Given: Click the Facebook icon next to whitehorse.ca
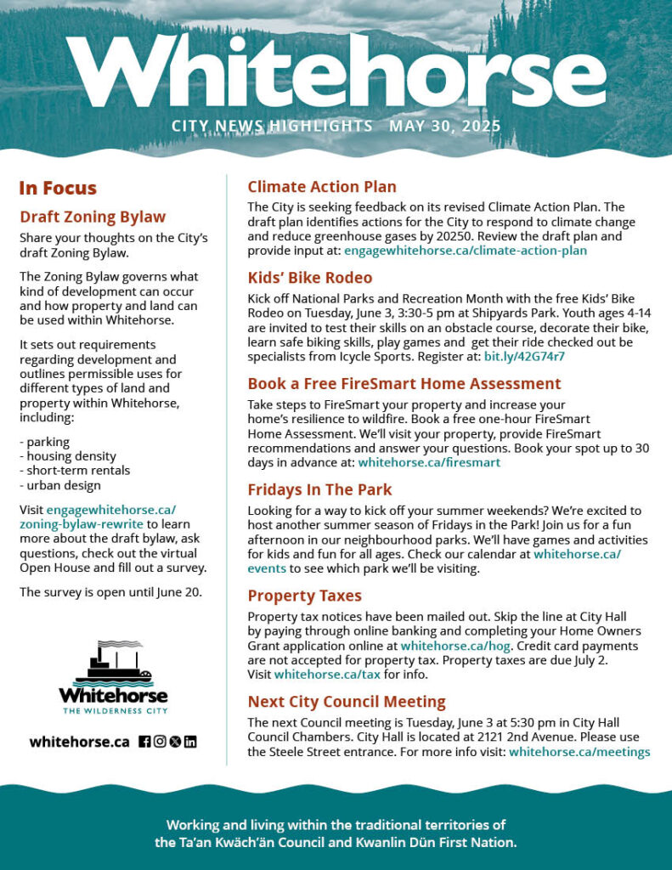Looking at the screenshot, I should (x=144, y=742).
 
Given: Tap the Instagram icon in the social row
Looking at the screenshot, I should (x=159, y=742).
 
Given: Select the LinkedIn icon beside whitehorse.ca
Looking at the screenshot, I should (x=190, y=742).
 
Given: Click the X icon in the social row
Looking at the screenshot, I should (x=175, y=742).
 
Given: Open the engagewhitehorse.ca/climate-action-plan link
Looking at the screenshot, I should (x=465, y=251).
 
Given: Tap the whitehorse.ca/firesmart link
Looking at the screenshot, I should (x=429, y=463).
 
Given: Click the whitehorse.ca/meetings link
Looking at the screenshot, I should (x=579, y=752).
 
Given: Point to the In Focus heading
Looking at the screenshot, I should (x=58, y=189).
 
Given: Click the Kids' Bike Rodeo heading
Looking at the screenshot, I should (x=310, y=278).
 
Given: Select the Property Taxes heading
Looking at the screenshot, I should (x=304, y=596).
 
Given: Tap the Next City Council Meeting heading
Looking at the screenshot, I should (x=347, y=702).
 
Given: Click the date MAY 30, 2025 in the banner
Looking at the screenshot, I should (x=444, y=127).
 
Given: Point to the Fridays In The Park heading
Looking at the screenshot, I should (x=319, y=489).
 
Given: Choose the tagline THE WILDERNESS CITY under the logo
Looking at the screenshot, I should (x=113, y=709).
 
